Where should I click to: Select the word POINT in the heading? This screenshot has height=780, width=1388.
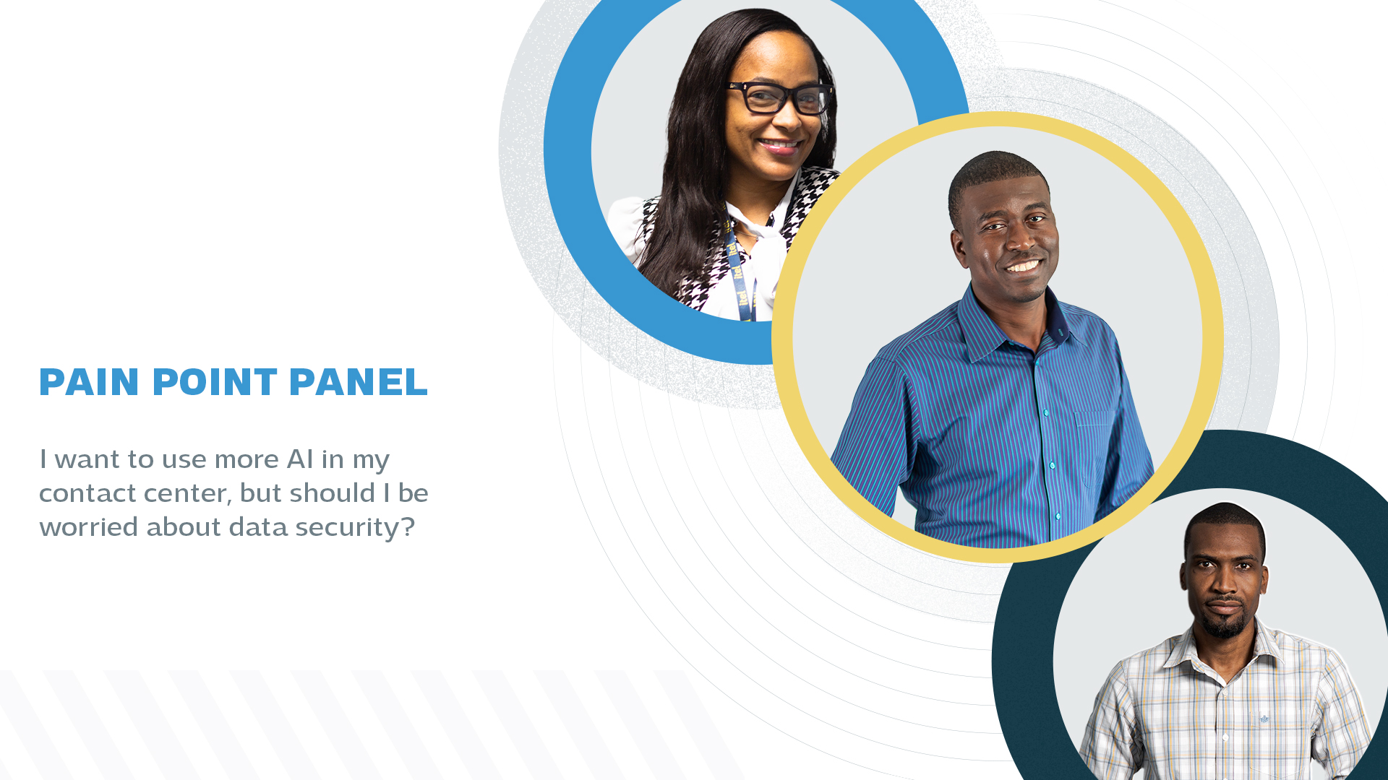[x=215, y=382]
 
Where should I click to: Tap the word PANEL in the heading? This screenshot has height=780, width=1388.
[x=359, y=382]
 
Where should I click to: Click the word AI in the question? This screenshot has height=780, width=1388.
[x=300, y=459]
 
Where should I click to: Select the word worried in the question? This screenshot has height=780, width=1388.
[x=89, y=526]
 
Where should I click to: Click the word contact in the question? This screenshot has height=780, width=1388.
[x=87, y=493]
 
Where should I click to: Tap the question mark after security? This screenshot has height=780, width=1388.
[x=408, y=527]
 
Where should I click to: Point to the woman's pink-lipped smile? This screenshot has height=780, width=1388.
[x=780, y=145]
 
